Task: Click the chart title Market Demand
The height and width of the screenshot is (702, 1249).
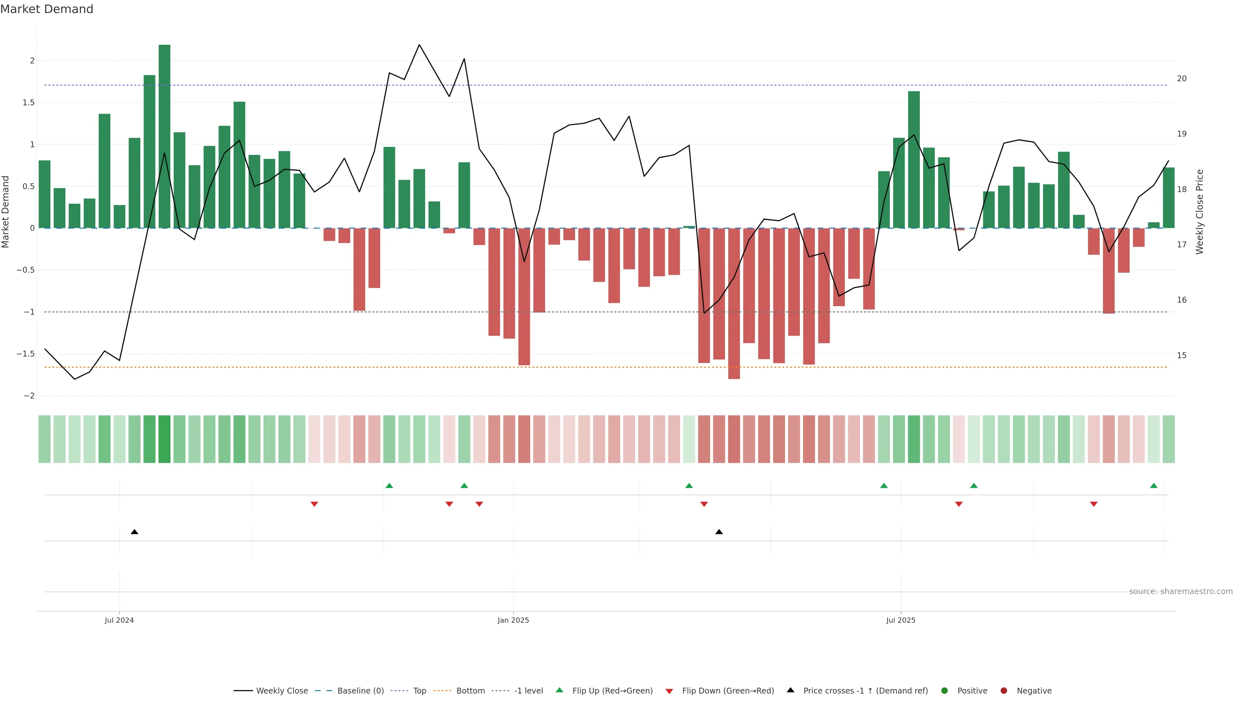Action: [47, 9]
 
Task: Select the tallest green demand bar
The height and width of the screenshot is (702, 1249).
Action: [164, 136]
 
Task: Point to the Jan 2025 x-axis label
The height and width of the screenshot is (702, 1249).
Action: [513, 620]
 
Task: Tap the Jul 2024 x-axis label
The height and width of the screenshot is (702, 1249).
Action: [119, 620]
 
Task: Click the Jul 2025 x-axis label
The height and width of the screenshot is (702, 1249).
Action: [900, 620]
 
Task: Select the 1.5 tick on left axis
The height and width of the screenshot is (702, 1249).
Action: [29, 103]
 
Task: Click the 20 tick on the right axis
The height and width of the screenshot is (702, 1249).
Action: [1182, 78]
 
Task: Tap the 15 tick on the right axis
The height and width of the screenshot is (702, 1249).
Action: [1182, 356]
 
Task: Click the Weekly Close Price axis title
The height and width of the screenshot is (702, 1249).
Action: [1200, 212]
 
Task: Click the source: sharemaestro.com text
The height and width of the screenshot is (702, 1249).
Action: [1181, 591]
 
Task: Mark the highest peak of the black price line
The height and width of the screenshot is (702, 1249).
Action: [419, 45]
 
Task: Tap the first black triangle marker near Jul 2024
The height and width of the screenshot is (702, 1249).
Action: [135, 532]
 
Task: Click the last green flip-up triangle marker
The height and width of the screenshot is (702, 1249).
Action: [1153, 486]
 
